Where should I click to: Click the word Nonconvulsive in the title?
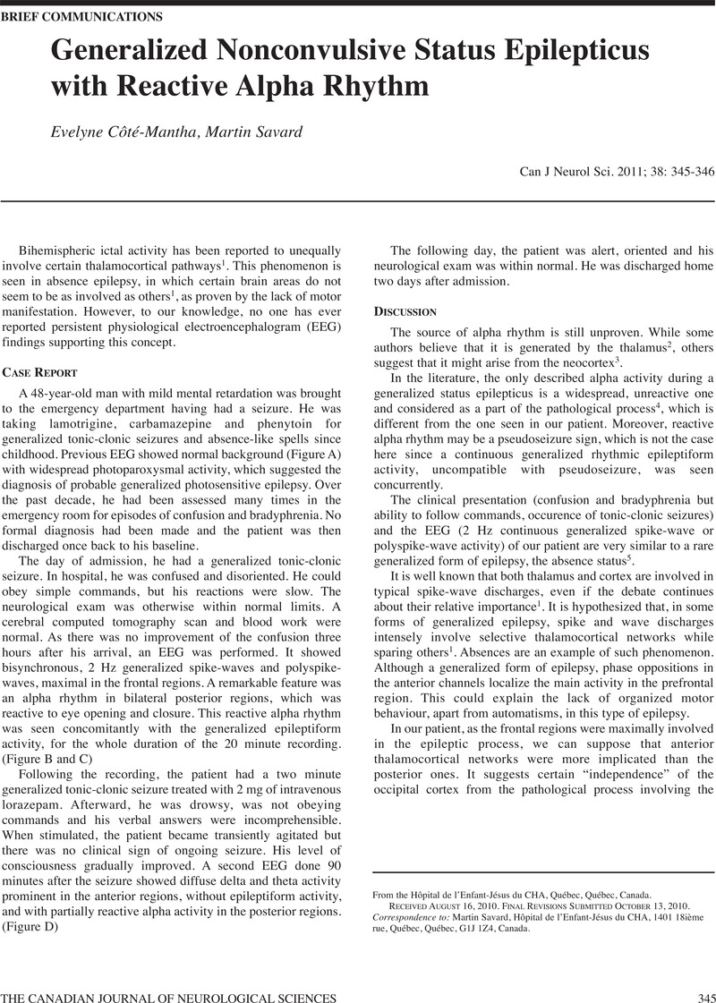[x=303, y=52]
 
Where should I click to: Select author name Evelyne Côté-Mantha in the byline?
[x=125, y=132]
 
